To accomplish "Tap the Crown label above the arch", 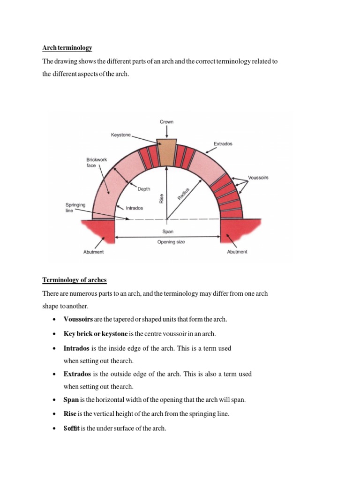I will coord(166,122).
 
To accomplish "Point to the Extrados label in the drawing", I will coord(224,143).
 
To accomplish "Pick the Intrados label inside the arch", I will coord(135,208).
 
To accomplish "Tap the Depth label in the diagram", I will coord(144,189).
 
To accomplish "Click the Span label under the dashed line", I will coord(168,232).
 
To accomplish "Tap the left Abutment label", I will coord(94,252).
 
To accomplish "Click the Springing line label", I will coord(75,208).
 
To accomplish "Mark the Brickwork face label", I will coord(97,163).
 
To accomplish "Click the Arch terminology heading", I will coord(67,48).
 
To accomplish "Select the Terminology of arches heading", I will coord(75,280).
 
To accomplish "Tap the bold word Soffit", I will coord(71,428).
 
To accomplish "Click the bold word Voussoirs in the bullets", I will coord(78,319).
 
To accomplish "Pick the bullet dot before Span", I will coord(55,400).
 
